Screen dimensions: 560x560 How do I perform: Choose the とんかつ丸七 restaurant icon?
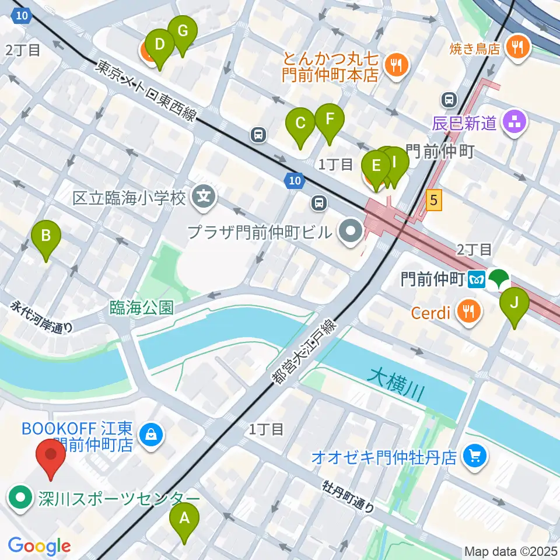click(x=397, y=66)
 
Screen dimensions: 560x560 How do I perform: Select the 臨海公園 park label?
click(x=141, y=307)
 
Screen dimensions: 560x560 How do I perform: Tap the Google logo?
click(x=39, y=546)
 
